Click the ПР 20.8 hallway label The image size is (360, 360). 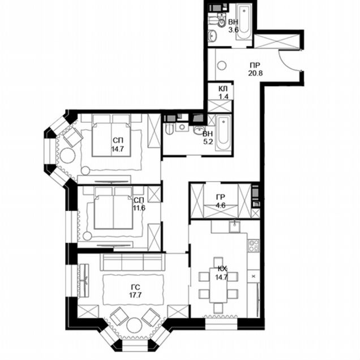[255, 69]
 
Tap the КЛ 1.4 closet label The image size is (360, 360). [223, 92]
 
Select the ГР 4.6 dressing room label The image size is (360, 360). [221, 201]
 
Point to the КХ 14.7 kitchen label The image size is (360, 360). [221, 273]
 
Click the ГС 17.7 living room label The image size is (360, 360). [135, 291]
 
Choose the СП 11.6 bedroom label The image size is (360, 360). [139, 204]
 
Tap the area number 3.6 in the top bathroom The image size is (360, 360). [234, 30]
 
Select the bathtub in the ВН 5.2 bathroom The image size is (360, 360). [223, 134]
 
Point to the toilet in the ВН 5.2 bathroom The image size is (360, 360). [169, 129]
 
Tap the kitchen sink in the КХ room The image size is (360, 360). [234, 226]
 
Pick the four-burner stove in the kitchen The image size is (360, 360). [254, 246]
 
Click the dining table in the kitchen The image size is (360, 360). [218, 285]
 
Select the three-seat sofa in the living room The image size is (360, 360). [132, 262]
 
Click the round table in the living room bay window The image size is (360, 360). [134, 325]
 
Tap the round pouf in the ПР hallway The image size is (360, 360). [221, 65]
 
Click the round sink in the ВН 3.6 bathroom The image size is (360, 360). [212, 36]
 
